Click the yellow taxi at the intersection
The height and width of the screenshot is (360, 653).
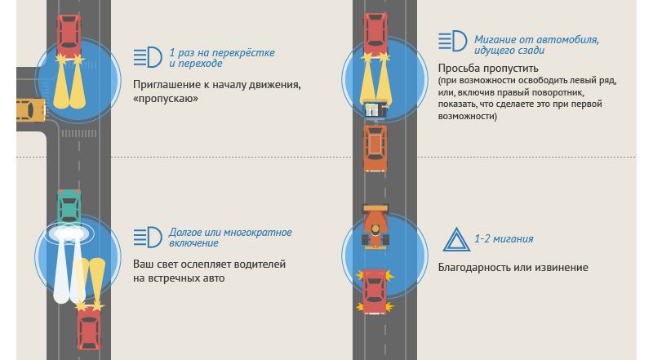(x=29, y=109)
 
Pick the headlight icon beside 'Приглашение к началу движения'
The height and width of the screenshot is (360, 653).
(x=148, y=57)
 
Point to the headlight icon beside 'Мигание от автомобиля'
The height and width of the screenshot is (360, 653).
(x=452, y=42)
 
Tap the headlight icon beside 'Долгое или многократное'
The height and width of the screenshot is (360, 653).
(x=148, y=238)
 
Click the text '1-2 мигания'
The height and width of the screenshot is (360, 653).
(x=504, y=239)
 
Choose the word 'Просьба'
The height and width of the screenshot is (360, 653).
(x=459, y=68)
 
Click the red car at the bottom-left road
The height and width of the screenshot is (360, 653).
(x=88, y=327)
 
